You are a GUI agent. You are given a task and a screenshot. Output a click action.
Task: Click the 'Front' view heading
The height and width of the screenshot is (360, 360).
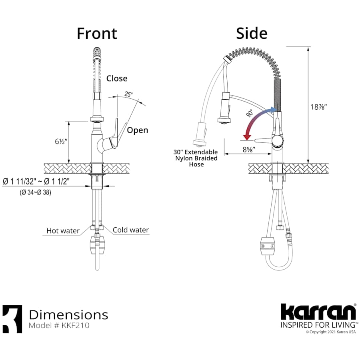[x=97, y=34]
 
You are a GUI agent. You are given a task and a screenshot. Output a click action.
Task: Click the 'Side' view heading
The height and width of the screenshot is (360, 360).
[x=251, y=34]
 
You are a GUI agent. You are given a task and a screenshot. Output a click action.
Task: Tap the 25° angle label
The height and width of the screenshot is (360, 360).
[x=128, y=94]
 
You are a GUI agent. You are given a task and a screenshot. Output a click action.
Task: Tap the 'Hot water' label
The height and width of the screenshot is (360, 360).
[x=62, y=230]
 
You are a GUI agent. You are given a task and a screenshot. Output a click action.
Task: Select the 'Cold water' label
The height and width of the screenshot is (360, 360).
[x=130, y=230]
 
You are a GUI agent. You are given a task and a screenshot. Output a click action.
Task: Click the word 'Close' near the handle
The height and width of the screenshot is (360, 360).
[x=117, y=78]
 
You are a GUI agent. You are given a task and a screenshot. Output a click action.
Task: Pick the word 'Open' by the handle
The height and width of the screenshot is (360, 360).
[x=137, y=130]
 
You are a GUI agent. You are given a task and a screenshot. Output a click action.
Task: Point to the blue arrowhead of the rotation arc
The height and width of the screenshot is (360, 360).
[x=274, y=109]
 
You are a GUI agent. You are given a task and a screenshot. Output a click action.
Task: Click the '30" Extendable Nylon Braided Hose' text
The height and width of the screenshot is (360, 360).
[x=196, y=158]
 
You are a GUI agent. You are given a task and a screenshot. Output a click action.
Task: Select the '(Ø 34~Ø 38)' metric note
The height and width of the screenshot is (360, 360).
[x=36, y=192]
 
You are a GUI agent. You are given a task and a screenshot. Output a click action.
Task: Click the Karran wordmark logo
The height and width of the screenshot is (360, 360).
[x=318, y=312]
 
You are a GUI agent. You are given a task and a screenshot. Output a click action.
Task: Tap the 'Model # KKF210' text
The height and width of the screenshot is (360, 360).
[x=59, y=326]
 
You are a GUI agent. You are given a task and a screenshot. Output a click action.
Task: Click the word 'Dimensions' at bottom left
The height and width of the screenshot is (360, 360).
[x=68, y=314]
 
